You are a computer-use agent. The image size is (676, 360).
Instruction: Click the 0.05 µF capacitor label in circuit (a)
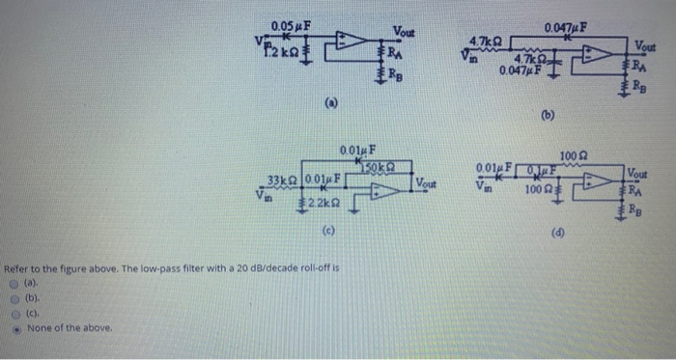[291, 24]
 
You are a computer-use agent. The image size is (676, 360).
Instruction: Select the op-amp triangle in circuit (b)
[603, 54]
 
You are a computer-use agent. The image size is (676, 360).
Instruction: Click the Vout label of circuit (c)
[426, 183]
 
